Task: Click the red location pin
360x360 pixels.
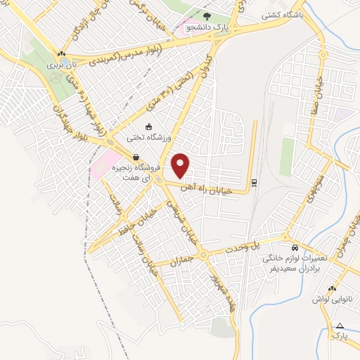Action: click(x=181, y=165)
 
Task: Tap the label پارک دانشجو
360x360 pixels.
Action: click(x=207, y=27)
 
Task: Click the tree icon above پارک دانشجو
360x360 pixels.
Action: click(x=206, y=16)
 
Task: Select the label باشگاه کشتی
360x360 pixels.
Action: click(x=282, y=14)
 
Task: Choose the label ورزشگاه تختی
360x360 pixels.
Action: click(x=147, y=137)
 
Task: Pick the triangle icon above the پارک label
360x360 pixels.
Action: click(x=340, y=326)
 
